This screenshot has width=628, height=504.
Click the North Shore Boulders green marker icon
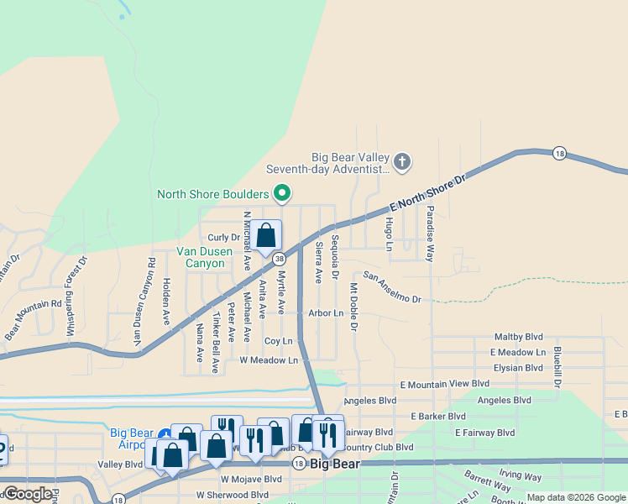(283, 194)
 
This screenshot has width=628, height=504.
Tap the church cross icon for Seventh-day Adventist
(402, 161)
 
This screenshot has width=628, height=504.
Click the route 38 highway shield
(278, 259)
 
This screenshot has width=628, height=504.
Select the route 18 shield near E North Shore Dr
(559, 153)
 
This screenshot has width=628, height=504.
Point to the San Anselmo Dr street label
(391, 287)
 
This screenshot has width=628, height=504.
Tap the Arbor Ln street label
(326, 312)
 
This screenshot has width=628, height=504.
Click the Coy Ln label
(278, 341)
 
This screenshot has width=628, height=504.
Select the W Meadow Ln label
(269, 360)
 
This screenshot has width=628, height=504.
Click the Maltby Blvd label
(520, 337)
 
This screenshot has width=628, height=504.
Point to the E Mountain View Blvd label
(444, 383)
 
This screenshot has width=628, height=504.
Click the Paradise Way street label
(429, 233)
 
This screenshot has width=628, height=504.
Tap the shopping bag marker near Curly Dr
(266, 237)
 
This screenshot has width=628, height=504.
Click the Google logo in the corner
(28, 494)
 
